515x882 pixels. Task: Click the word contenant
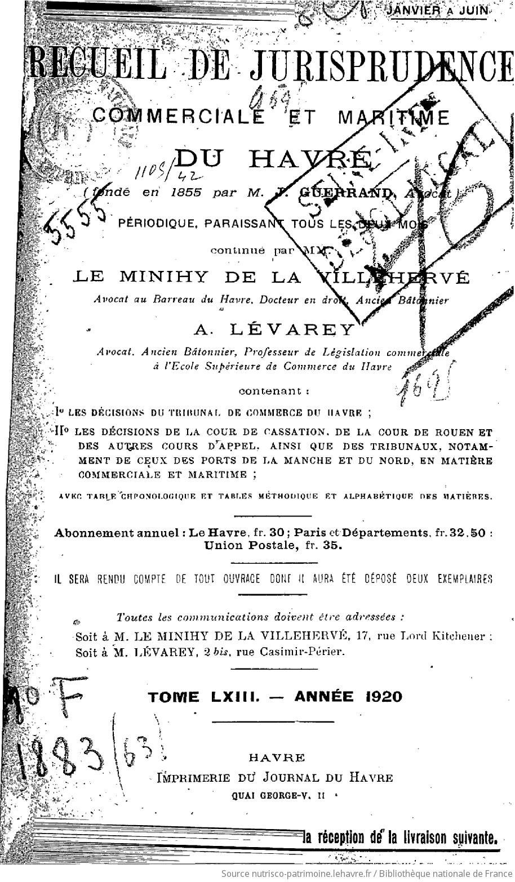274,391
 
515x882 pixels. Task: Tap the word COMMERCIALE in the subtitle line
177,116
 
